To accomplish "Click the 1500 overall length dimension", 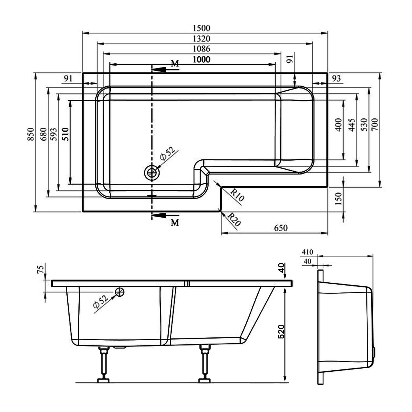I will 201,28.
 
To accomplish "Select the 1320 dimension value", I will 201,39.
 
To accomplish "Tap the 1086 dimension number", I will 201,49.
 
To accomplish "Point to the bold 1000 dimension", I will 201,59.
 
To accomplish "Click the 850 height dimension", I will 31,134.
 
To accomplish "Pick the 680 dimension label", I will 43,134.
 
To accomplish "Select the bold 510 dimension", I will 65,134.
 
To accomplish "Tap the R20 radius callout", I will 234,220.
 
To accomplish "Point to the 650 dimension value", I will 281,228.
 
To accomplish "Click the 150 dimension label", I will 338,199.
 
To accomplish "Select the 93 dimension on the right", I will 336,79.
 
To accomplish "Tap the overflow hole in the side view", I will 120,292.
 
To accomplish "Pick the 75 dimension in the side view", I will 40,269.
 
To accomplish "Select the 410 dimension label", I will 307,252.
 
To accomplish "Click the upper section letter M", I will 175,64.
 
